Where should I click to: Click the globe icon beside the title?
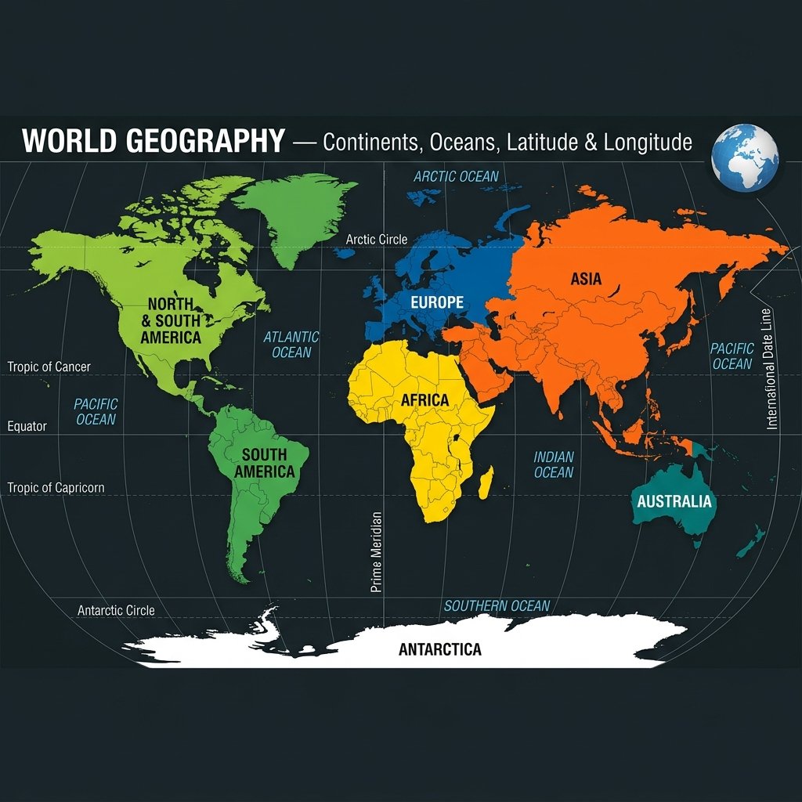[745, 157]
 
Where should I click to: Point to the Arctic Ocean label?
[456, 176]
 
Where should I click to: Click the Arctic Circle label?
[377, 239]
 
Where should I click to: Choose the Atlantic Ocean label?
[291, 345]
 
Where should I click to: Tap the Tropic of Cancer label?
[49, 367]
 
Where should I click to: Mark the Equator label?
[27, 427]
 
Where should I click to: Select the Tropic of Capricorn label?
[56, 488]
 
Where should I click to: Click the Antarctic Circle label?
[116, 610]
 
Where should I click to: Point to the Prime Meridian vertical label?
[376, 551]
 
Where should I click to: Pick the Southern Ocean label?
[497, 606]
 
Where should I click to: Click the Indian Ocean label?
[554, 464]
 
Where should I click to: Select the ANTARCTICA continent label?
[439, 649]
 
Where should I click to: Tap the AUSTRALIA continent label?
[674, 501]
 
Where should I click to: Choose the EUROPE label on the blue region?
[437, 302]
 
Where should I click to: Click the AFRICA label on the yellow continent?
[424, 400]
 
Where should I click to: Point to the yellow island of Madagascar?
[486, 482]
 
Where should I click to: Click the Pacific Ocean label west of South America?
[96, 412]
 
